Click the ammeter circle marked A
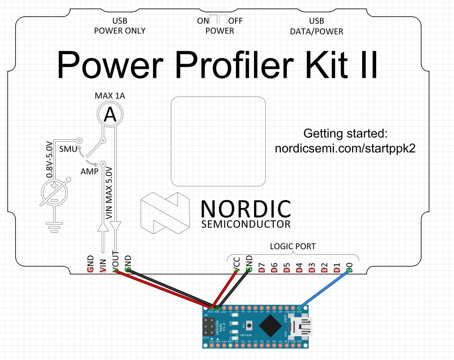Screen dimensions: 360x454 tap(110, 114)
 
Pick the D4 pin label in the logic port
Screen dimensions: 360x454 tap(299, 267)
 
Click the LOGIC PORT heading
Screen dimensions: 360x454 tap(292, 246)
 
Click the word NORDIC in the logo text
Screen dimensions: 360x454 tap(246, 209)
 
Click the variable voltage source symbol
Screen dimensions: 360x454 tap(55, 192)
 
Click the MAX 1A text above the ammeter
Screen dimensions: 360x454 tap(110, 96)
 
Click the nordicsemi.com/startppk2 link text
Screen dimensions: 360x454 tap(345, 149)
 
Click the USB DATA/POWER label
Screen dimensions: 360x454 tap(316, 26)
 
